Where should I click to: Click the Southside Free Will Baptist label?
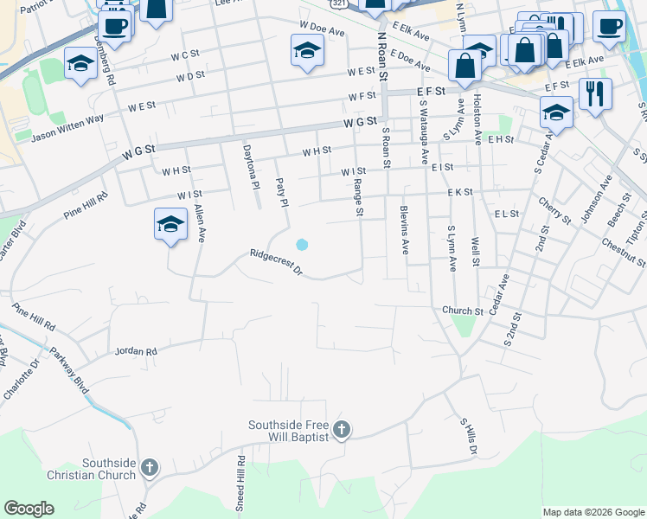pos(288,431)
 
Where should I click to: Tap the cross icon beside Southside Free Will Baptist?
pos(342,429)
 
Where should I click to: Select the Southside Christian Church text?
pos(109,469)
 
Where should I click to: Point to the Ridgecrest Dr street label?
pos(275,263)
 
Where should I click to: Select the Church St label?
pos(462,311)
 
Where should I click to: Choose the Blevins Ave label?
pos(404,229)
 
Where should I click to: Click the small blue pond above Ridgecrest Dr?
pos(301,245)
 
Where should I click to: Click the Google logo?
pos(29,509)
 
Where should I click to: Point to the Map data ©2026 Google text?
pos(593,512)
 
